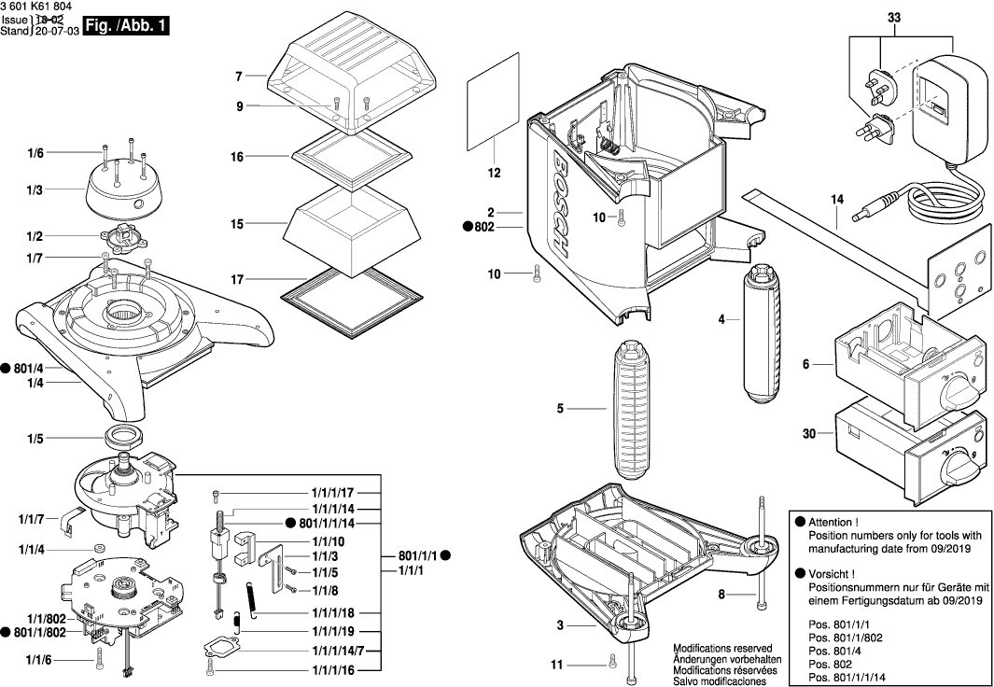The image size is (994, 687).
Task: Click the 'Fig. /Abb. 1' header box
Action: [125, 27]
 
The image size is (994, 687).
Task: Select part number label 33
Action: [894, 17]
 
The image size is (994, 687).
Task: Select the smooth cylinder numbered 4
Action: [766, 331]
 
